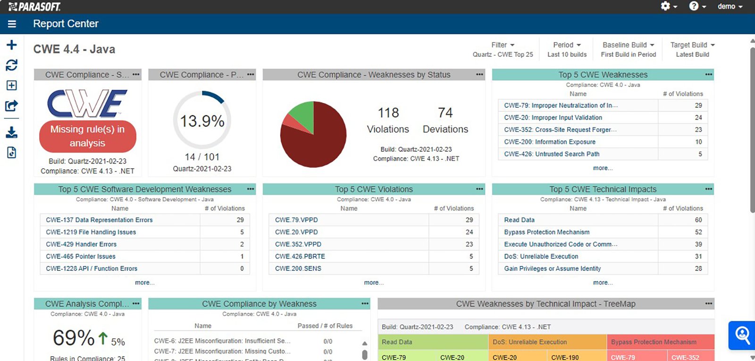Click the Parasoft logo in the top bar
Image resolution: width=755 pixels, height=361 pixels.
34,7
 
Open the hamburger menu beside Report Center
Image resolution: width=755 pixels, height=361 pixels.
12,24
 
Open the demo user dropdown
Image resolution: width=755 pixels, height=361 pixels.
730,7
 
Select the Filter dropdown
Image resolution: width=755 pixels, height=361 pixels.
503,45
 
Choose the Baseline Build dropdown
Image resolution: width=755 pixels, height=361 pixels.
628,45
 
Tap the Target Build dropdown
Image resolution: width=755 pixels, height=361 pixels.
692,45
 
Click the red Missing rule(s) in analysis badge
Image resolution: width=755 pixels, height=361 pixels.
87,137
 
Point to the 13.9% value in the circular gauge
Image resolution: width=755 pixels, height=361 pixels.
202,121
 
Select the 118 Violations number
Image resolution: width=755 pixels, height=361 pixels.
388,113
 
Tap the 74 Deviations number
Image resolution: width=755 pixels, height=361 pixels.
445,113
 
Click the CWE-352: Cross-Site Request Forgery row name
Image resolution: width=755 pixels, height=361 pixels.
560,130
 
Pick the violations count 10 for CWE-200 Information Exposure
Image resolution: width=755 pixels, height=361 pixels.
698,142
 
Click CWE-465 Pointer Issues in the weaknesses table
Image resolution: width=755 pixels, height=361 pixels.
81,257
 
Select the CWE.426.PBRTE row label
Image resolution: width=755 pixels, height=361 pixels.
300,257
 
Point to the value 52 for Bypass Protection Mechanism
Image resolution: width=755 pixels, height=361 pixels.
698,232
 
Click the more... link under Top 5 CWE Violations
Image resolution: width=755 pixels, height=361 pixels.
374,283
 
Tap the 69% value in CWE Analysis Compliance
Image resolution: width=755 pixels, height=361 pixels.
74,338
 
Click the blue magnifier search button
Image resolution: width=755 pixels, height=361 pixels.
742,335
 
